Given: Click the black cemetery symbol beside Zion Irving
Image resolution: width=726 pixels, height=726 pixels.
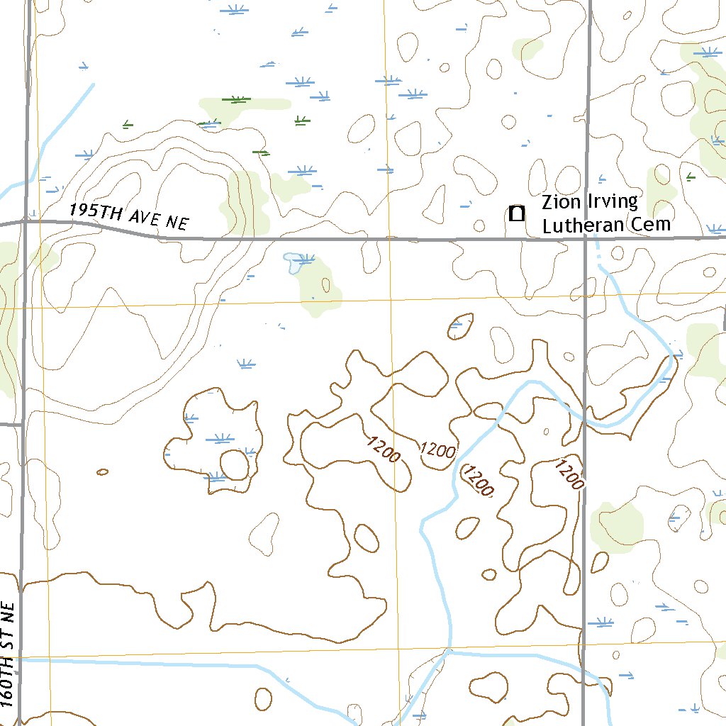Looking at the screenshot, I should (517, 213).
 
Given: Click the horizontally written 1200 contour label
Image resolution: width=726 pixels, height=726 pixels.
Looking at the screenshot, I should (437, 449).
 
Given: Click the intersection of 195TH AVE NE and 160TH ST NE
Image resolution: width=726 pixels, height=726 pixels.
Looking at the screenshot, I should (26, 221).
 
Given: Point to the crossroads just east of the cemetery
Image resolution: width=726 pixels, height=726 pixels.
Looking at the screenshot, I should (586, 240).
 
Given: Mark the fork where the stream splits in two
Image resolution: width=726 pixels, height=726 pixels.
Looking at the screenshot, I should (447, 652).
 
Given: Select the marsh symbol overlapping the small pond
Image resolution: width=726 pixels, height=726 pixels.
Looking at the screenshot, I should (304, 260).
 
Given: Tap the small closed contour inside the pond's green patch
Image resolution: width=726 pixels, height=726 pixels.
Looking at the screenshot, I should (325, 285).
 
